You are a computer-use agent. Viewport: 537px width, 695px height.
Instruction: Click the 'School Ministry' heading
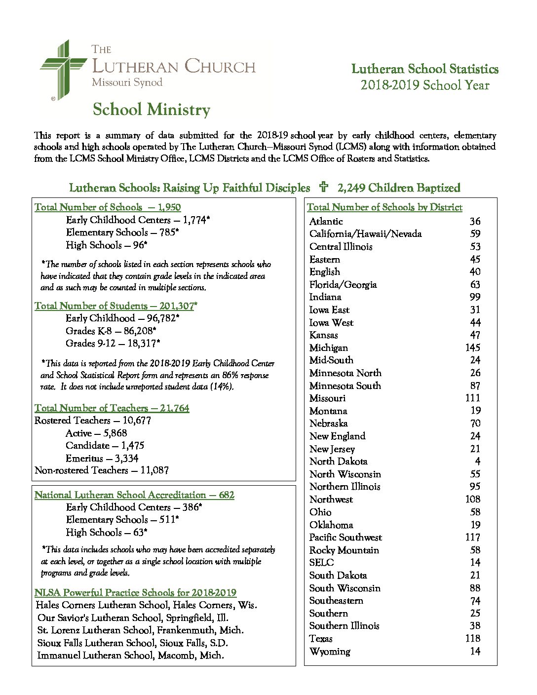[x=151, y=109]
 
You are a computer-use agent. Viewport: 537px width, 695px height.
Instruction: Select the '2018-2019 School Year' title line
[x=424, y=85]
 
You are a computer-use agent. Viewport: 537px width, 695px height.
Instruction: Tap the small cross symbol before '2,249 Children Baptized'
[x=324, y=187]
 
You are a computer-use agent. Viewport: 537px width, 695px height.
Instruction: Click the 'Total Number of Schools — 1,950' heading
[x=108, y=207]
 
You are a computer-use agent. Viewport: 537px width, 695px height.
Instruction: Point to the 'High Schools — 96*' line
[x=107, y=245]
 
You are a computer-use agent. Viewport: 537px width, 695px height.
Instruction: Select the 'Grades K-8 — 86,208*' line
[x=111, y=331]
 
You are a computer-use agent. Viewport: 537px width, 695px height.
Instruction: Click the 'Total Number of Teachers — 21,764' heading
[x=112, y=408]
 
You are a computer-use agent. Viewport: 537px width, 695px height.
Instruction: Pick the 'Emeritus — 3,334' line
[x=102, y=458]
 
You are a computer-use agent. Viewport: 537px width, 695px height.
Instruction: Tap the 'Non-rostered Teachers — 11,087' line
[x=102, y=470]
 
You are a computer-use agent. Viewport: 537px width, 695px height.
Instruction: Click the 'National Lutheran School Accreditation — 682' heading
[x=134, y=495]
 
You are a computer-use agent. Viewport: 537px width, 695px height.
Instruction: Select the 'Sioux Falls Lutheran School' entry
[x=132, y=643]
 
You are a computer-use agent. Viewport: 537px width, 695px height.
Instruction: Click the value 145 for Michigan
[x=473, y=347]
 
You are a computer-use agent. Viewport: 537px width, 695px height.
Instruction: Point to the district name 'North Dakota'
[x=338, y=461]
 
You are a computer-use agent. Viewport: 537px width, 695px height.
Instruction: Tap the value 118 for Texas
[x=473, y=638]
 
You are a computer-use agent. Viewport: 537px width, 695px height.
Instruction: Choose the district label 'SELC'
[x=321, y=562]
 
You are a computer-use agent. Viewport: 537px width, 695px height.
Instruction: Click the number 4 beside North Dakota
[x=477, y=461]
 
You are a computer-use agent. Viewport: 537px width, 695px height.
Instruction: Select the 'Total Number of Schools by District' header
[x=384, y=207]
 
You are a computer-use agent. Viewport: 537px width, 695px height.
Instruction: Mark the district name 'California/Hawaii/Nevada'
[x=365, y=234]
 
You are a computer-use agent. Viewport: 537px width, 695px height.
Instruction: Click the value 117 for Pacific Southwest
[x=473, y=537]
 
